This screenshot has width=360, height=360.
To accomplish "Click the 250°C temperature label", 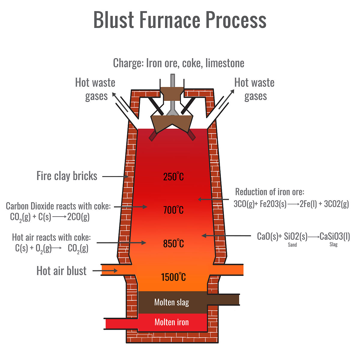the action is pos(173,176).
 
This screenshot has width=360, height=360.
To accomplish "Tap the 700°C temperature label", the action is pos(173,210).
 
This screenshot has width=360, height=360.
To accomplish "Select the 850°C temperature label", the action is pos(173,243).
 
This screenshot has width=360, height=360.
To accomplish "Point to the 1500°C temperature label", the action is pos(173,277).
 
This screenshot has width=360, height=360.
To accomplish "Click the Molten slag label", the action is pos(172,302).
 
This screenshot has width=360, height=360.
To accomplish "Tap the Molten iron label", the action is pos(172,322).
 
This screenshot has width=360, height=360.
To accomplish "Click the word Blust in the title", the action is pos(114,20).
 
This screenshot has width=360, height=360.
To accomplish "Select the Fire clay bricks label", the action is pos(67,176).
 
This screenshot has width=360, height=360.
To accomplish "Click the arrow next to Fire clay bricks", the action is pos(115,176).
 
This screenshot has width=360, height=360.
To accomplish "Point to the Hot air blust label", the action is pos(61,271).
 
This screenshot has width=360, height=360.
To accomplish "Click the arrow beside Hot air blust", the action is pos(105,271).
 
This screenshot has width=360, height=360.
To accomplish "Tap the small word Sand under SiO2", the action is pos(292,245).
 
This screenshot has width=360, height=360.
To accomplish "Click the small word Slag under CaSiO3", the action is pos(334,244).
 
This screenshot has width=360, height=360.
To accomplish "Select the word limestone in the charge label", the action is pos(225,63).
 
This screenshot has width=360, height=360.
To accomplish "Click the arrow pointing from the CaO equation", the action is pos(226,235).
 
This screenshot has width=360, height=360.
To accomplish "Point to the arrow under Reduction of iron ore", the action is pos(213,199).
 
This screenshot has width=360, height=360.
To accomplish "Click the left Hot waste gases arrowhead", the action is pos(114,94).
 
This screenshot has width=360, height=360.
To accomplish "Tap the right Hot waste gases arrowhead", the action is pos(232,91).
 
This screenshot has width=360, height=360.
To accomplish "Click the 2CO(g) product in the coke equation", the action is pos(78,217).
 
